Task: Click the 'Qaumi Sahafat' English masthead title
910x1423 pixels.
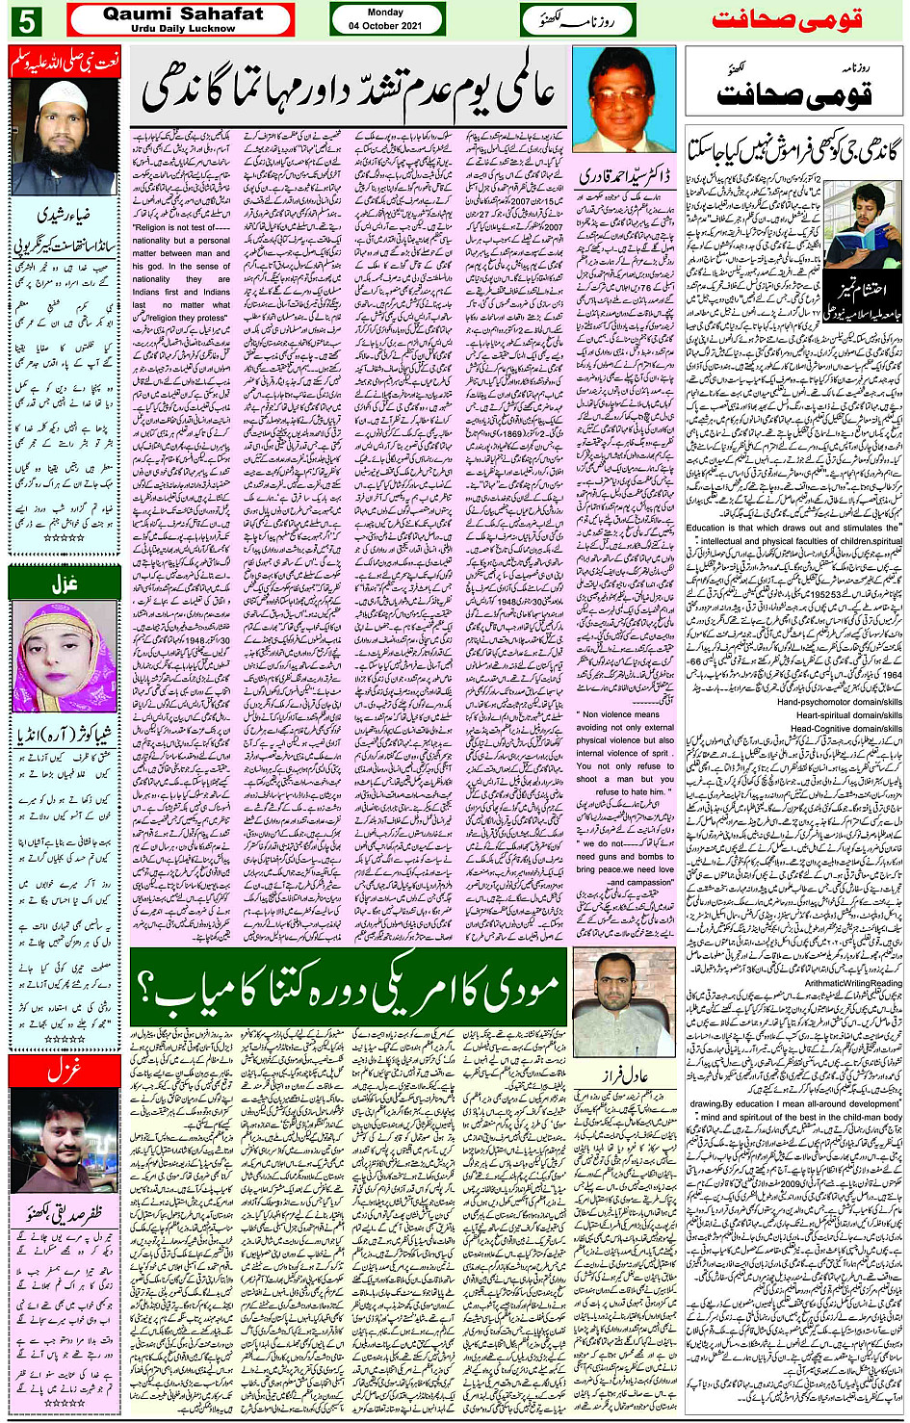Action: pyautogui.click(x=182, y=14)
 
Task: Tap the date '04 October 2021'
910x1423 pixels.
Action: pyautogui.click(x=386, y=26)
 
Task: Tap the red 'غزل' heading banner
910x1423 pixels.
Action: pyautogui.click(x=64, y=1070)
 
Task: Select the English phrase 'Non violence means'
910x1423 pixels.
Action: pyautogui.click(x=621, y=714)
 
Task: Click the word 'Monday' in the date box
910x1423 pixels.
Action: pyautogui.click(x=386, y=13)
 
